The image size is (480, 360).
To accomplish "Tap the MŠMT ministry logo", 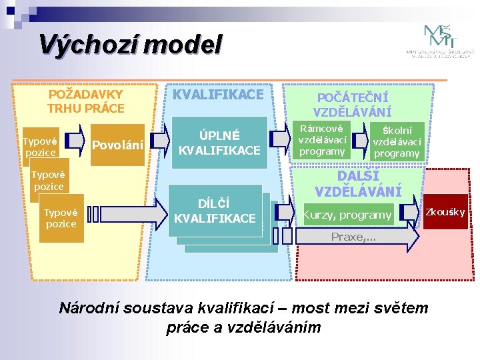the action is pos(441,42).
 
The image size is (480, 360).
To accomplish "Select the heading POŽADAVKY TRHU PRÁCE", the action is pos(86,101).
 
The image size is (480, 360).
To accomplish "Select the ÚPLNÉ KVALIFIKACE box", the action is pos(219,142).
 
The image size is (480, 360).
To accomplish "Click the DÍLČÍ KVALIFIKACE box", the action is pos(215,211).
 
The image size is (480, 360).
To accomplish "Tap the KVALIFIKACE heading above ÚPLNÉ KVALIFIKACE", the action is pos(219,95).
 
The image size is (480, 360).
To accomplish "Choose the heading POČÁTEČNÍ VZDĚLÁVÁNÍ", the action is pos(353,105).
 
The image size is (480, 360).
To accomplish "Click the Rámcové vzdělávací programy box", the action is pos(322,140).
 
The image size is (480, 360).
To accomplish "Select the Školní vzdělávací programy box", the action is pos(397,142).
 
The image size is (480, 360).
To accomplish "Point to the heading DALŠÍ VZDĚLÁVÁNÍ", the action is pos(358,184).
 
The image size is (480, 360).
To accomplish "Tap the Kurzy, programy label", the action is pos(347,215).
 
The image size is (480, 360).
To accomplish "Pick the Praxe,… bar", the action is pos(353,237).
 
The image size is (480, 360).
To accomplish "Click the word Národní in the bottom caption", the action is pos(87,308).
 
